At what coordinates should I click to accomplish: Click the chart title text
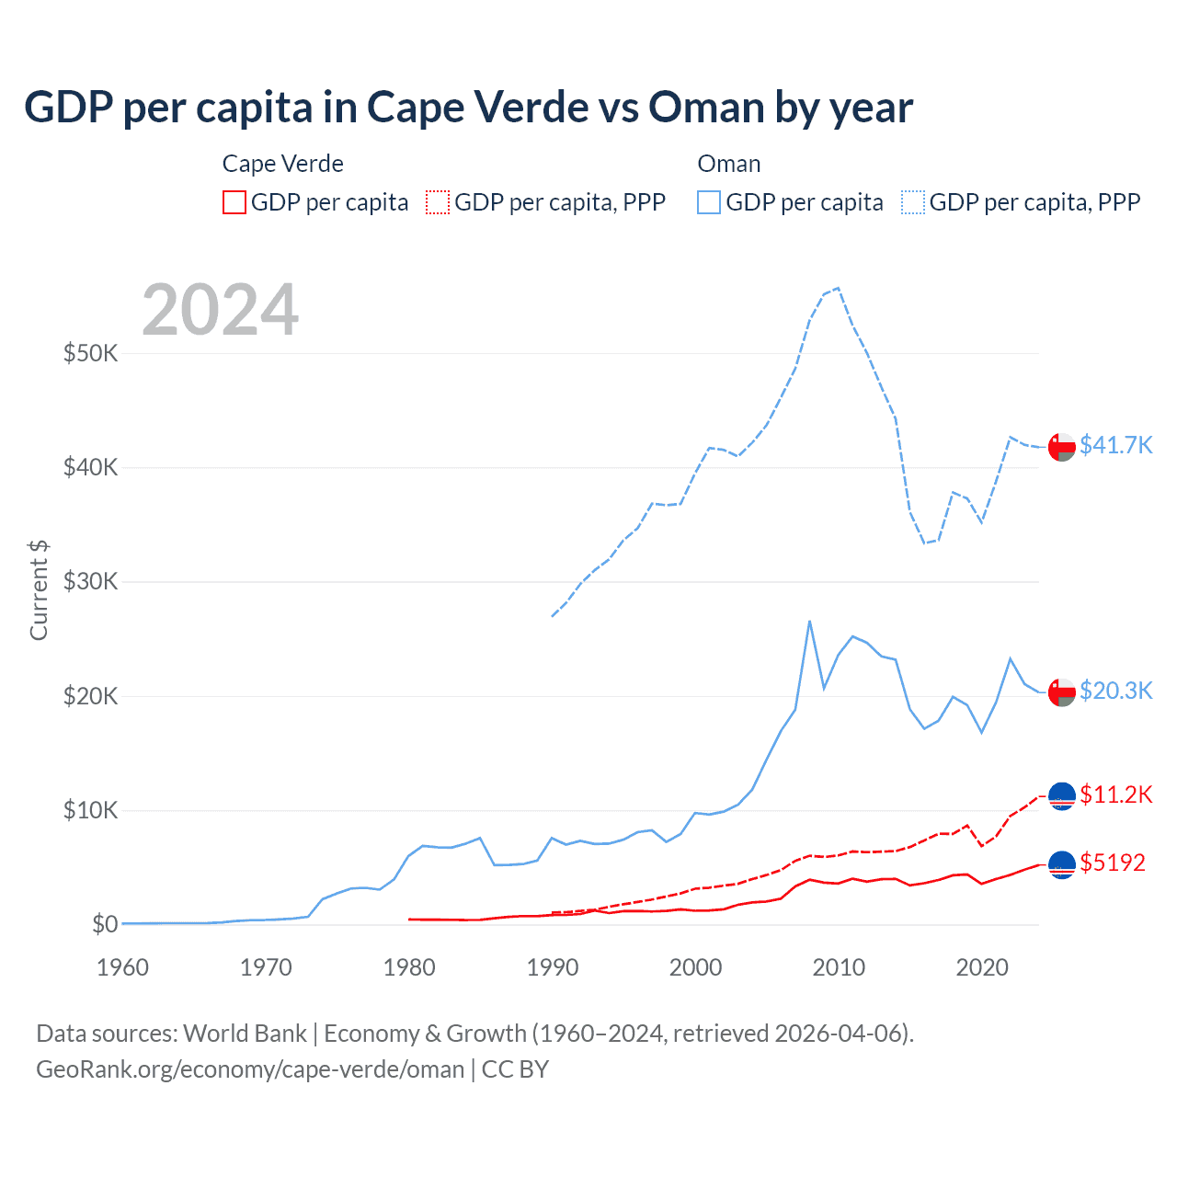468,108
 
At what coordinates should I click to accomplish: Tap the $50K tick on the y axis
90,353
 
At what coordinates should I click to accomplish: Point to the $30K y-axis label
90,581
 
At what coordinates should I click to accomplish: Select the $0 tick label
105,924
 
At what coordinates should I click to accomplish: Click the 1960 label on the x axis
122,967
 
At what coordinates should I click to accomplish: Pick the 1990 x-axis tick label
553,967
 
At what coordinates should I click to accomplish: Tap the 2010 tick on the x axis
839,967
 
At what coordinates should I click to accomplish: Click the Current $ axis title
39,590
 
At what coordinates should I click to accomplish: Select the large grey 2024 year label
221,310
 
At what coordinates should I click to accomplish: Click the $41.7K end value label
1115,445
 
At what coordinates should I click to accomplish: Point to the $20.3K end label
1115,691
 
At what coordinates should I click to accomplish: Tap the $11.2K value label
1115,794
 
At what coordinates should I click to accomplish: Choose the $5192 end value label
1113,863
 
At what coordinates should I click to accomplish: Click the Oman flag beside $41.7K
1062,446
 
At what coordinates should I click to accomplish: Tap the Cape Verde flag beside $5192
1062,863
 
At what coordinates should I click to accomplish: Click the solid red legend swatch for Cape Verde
234,202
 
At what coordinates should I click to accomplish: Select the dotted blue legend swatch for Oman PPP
913,202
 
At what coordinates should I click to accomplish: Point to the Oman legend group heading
729,164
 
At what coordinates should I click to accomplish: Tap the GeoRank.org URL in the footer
250,1069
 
